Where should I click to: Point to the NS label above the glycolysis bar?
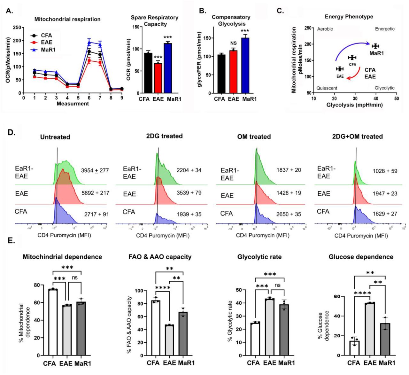click(234, 43)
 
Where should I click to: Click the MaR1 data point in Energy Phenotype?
click(375, 46)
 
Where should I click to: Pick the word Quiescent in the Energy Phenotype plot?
click(327, 88)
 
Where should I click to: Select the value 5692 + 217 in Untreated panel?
click(95, 193)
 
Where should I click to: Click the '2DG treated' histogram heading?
click(164, 136)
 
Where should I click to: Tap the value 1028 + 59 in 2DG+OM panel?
click(385, 171)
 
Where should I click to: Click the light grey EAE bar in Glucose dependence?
click(370, 329)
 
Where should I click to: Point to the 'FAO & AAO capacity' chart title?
click(160, 257)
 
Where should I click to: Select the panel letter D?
click(12, 132)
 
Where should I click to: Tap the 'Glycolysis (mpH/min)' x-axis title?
click(354, 105)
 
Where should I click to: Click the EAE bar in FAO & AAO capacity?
click(169, 340)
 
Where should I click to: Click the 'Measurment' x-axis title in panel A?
click(73, 104)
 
